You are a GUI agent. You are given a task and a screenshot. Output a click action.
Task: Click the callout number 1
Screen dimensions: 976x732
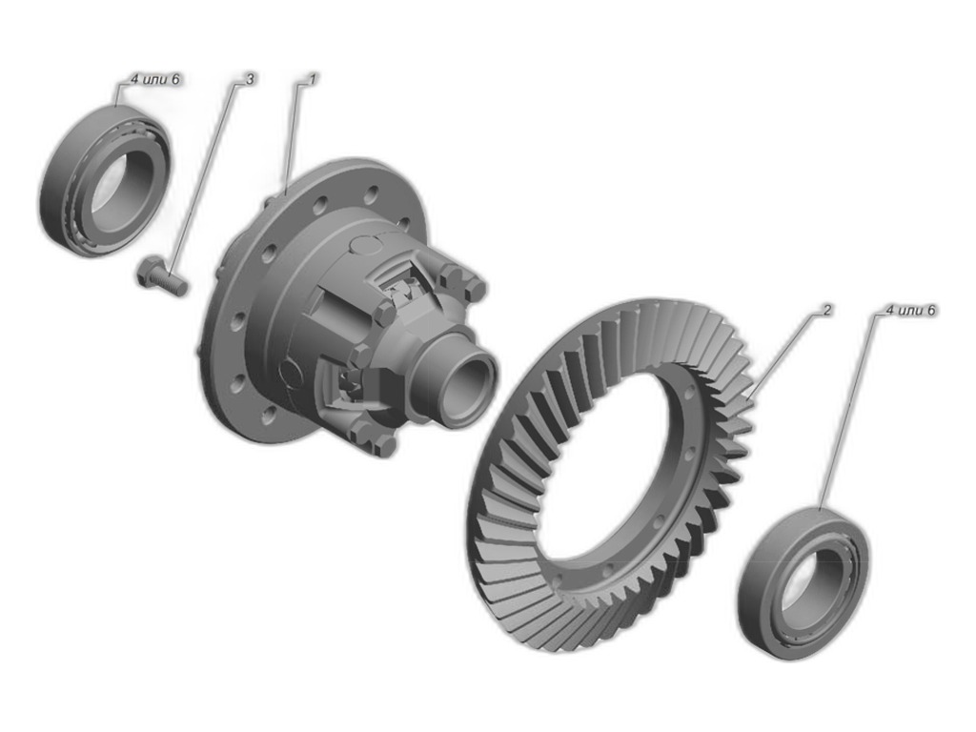point(314,79)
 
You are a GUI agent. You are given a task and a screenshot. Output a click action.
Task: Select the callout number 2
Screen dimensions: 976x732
point(826,310)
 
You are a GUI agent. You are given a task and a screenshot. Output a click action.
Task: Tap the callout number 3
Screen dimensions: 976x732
point(250,79)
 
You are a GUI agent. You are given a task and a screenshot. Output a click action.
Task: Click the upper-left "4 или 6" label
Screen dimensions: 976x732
point(155,79)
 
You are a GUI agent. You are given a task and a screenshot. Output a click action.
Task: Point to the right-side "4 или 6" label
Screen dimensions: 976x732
point(910,310)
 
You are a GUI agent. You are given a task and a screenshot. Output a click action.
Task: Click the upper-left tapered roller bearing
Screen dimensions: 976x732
point(106,180)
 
